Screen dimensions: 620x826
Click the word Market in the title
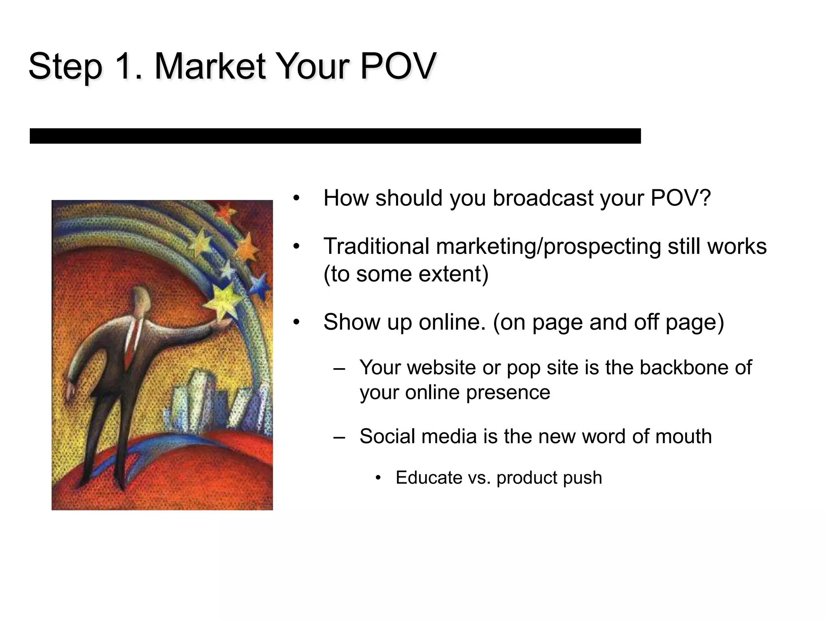210,66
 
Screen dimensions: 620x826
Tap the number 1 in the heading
125,66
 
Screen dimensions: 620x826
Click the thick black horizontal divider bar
335,136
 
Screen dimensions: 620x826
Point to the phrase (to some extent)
406,274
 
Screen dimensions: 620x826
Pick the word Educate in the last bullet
429,478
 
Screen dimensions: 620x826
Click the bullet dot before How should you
296,198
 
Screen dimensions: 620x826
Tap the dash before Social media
339,437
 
